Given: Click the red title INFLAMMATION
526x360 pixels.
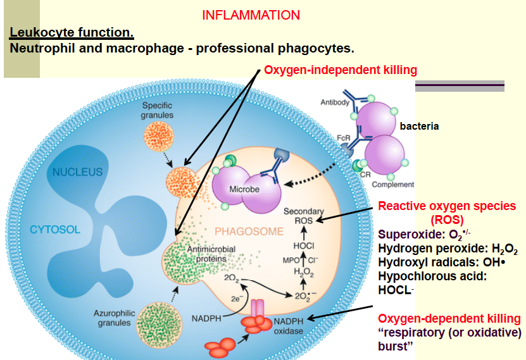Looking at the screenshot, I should [x=251, y=15].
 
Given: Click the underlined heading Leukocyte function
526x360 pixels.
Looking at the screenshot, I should [x=72, y=32].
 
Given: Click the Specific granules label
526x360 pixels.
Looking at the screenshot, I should [x=158, y=111].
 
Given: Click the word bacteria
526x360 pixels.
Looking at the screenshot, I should [x=419, y=126].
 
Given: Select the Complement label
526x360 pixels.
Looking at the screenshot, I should [x=392, y=185].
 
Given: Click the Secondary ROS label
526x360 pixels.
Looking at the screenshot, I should [x=303, y=216].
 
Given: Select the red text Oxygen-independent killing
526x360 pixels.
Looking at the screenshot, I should [x=340, y=70].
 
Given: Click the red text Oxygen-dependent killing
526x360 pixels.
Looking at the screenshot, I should [x=449, y=318].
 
